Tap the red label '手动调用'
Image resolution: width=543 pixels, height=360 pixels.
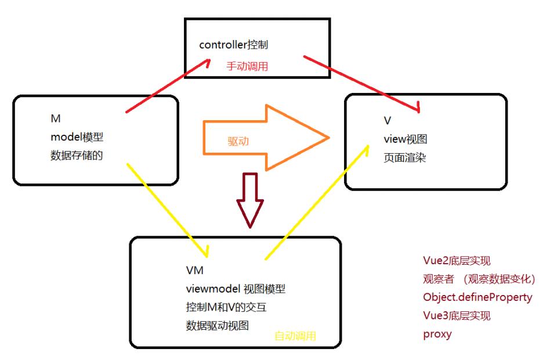click(247, 67)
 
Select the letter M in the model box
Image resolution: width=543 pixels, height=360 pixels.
click(56, 118)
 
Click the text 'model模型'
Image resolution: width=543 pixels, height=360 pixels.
click(77, 137)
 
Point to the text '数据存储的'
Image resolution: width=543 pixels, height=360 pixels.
click(77, 155)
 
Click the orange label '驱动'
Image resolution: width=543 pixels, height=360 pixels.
click(239, 141)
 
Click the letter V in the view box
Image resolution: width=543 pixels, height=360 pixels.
click(387, 121)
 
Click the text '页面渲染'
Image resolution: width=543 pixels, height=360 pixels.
click(405, 157)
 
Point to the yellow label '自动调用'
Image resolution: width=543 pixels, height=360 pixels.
click(295, 336)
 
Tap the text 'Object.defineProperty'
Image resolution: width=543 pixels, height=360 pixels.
click(477, 297)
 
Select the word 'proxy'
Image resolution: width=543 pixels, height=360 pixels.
click(437, 334)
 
